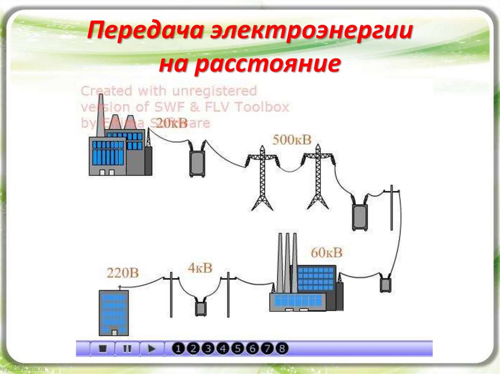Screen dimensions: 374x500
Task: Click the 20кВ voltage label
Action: click(171, 123)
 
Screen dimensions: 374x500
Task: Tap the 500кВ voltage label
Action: click(292, 140)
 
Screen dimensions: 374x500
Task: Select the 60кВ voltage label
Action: click(327, 253)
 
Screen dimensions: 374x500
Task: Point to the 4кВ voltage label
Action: click(200, 268)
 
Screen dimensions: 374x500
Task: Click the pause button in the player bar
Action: click(127, 349)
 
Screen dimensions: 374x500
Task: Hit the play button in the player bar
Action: click(152, 349)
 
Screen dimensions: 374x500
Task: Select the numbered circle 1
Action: click(179, 349)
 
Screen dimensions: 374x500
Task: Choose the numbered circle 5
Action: click(238, 349)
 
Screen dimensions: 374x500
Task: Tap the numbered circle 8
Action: click(282, 349)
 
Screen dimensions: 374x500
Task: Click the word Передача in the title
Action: click(146, 34)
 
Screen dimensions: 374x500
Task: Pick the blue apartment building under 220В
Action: click(114, 313)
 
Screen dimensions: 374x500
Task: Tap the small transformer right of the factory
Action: click(386, 283)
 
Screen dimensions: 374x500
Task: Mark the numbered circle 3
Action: click(208, 349)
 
